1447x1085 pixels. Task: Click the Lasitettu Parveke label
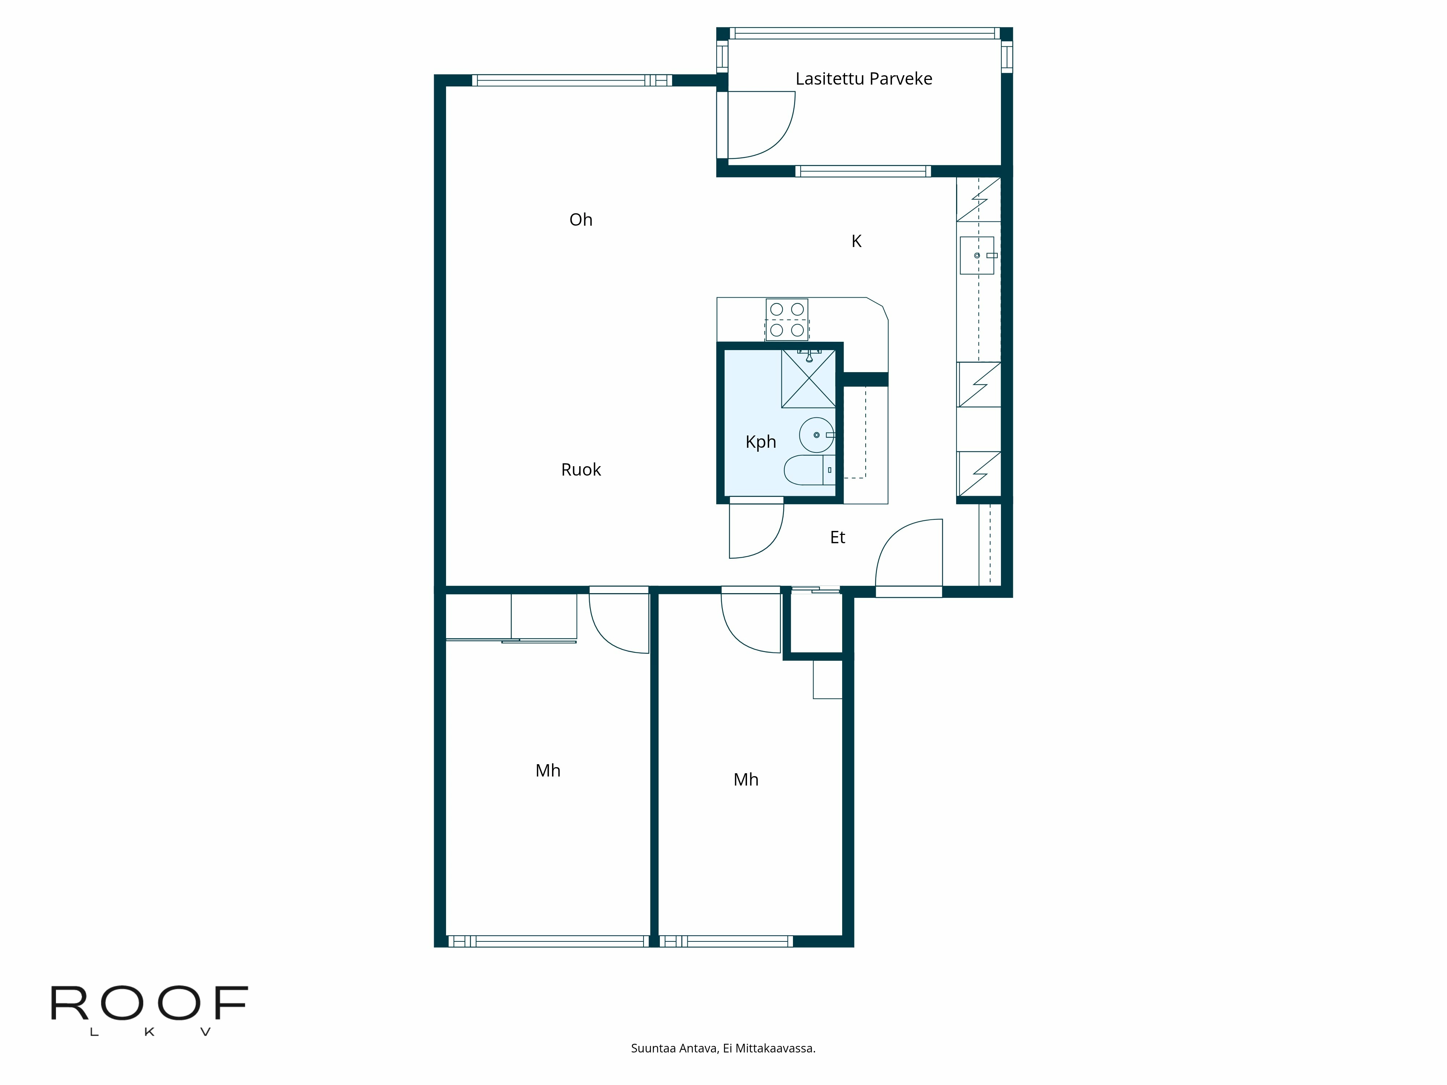point(863,78)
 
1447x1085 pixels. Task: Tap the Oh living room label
point(580,220)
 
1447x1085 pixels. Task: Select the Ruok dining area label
point(580,469)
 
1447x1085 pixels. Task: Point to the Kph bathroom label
point(760,442)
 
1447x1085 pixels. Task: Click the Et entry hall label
point(837,537)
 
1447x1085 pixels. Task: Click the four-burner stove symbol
point(786,319)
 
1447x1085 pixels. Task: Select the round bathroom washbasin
point(816,435)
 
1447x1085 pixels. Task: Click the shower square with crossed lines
point(809,379)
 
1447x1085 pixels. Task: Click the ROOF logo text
point(149,1004)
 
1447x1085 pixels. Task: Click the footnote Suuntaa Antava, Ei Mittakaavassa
point(723,1048)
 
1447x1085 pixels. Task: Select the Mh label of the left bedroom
point(548,770)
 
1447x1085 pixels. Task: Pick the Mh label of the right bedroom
point(746,780)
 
